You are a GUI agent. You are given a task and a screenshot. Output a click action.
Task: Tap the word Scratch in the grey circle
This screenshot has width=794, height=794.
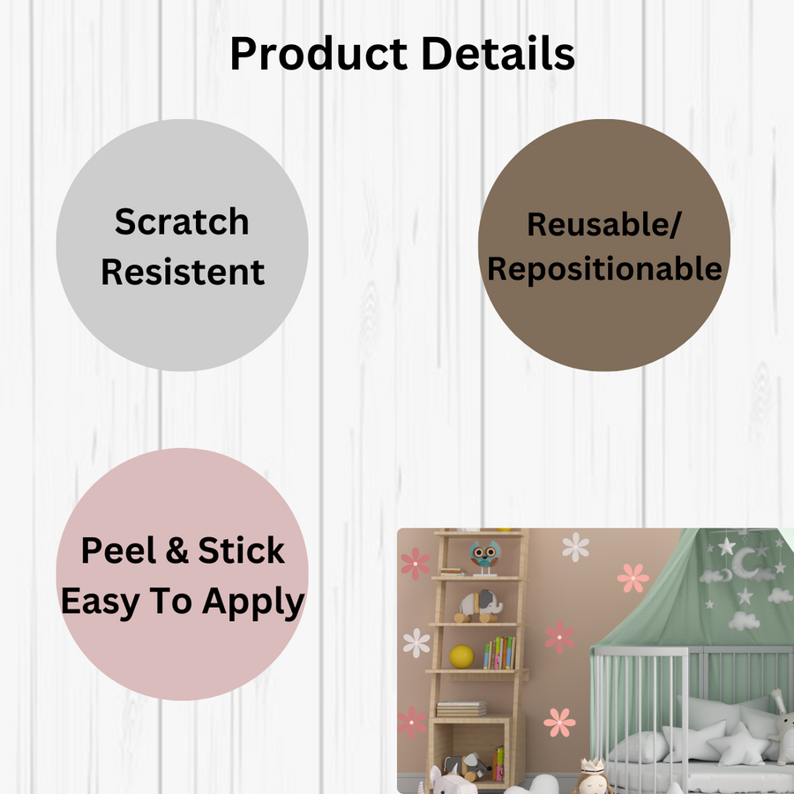(182, 221)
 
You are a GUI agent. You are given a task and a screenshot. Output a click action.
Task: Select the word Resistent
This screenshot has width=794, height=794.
(183, 272)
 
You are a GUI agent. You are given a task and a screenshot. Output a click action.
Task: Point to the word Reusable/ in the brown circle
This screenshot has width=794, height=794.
(604, 224)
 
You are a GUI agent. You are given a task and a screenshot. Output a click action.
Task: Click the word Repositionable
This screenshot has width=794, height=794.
(604, 269)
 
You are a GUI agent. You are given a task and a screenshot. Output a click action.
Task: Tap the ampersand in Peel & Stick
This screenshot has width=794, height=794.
(177, 551)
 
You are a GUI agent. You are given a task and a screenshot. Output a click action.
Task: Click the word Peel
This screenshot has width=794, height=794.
(122, 551)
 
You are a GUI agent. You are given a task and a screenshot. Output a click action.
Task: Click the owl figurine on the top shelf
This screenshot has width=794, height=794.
(483, 557)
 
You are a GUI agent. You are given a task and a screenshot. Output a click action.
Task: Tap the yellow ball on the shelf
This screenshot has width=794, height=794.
(461, 656)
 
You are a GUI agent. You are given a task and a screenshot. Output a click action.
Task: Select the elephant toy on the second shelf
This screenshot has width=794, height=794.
(479, 606)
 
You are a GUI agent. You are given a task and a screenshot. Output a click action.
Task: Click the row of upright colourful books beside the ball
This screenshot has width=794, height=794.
(499, 654)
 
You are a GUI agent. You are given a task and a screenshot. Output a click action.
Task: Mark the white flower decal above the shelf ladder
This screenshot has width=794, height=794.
(575, 546)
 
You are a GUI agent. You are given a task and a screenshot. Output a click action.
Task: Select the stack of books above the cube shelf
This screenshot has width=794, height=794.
(461, 708)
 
